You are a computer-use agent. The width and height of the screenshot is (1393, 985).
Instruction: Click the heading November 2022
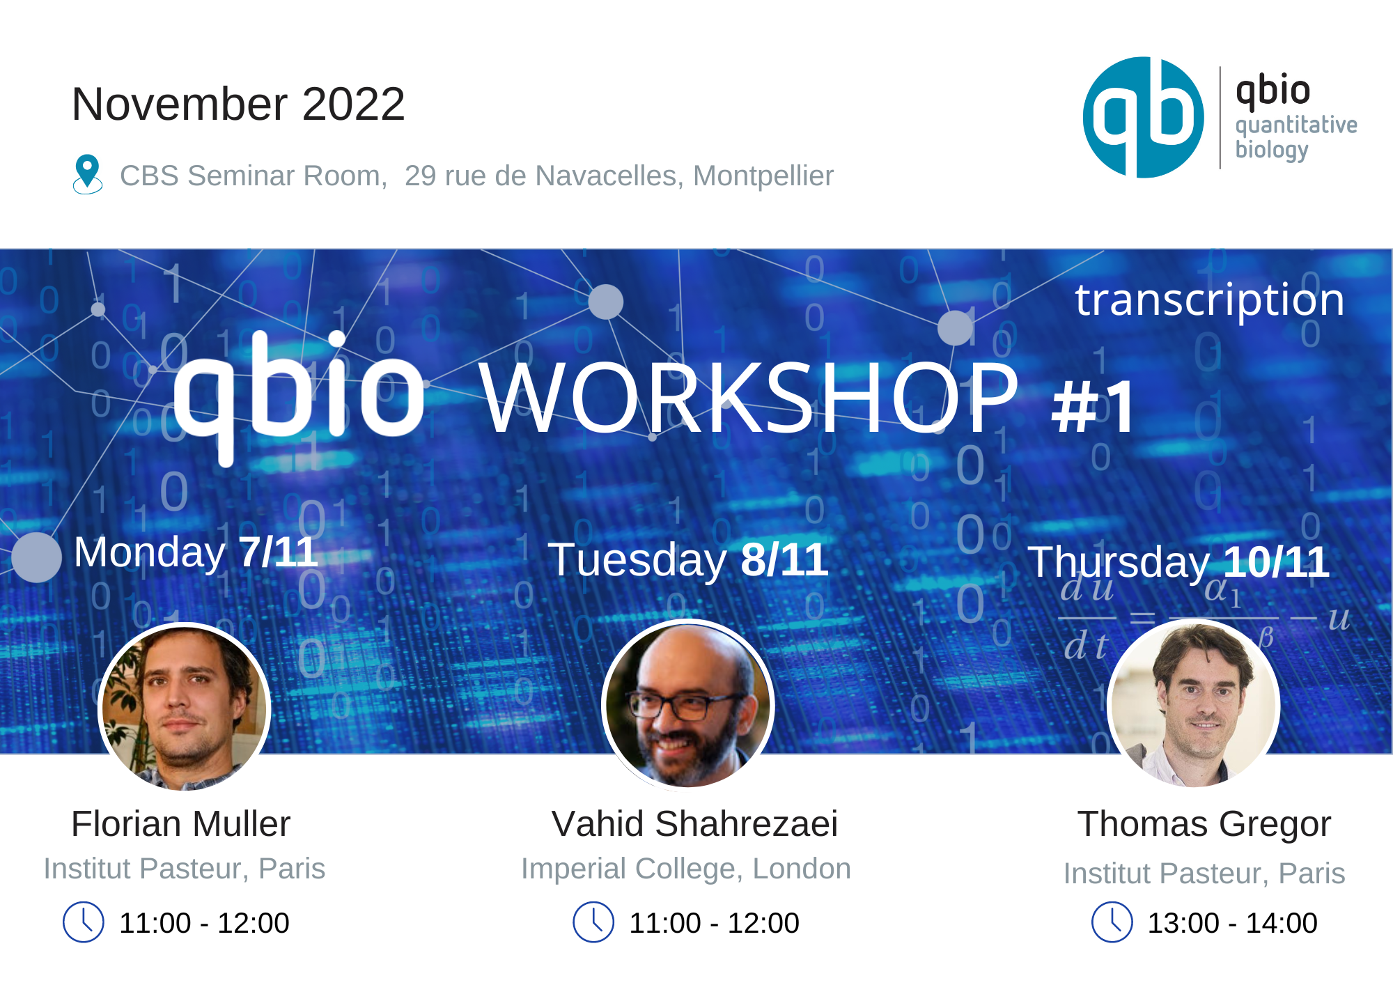(238, 104)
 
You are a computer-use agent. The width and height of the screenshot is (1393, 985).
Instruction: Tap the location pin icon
(87, 173)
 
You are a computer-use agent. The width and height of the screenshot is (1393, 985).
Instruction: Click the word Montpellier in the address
(763, 176)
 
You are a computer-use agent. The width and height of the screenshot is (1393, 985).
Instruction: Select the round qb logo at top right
(1143, 118)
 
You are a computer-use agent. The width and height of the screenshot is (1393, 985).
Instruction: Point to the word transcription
(1209, 300)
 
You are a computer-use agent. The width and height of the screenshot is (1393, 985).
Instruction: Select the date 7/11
(278, 552)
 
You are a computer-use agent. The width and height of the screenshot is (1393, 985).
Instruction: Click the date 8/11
(784, 559)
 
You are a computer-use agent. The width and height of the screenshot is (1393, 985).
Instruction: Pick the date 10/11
(1276, 561)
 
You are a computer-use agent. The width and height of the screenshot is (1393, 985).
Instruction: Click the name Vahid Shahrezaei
(694, 824)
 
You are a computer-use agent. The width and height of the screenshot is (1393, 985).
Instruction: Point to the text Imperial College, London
(686, 869)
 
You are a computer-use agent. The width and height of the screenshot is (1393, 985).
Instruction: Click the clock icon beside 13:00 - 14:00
(1112, 922)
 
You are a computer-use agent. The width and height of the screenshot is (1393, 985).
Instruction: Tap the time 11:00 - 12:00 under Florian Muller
(204, 923)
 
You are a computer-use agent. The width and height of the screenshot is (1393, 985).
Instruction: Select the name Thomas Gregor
(1204, 824)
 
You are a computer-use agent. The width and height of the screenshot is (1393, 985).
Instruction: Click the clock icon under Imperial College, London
(593, 922)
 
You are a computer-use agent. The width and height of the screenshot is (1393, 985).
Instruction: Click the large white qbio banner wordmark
(298, 390)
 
